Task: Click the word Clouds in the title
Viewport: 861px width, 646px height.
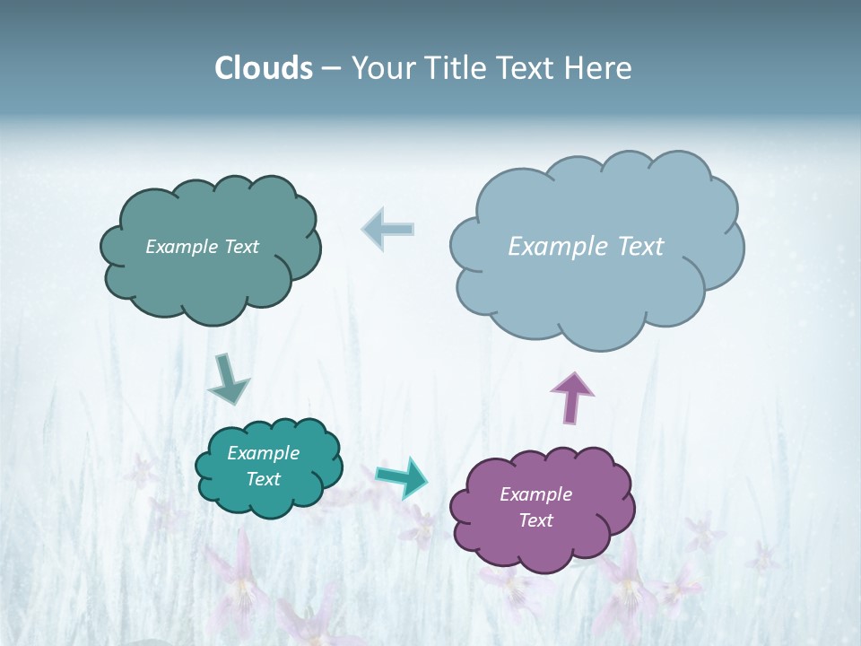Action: click(263, 68)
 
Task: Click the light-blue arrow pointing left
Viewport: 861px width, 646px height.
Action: click(388, 229)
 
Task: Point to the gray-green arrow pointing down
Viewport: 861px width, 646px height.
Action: click(228, 379)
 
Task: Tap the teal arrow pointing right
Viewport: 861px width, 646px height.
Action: click(402, 476)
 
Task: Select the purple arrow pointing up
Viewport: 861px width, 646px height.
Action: click(572, 397)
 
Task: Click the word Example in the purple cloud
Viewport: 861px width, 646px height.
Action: click(535, 494)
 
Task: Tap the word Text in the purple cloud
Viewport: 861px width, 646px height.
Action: click(535, 520)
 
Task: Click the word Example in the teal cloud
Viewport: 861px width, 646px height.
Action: click(263, 453)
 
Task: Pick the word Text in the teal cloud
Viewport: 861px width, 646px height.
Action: click(263, 479)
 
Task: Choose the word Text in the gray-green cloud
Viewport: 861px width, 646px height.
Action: click(241, 247)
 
